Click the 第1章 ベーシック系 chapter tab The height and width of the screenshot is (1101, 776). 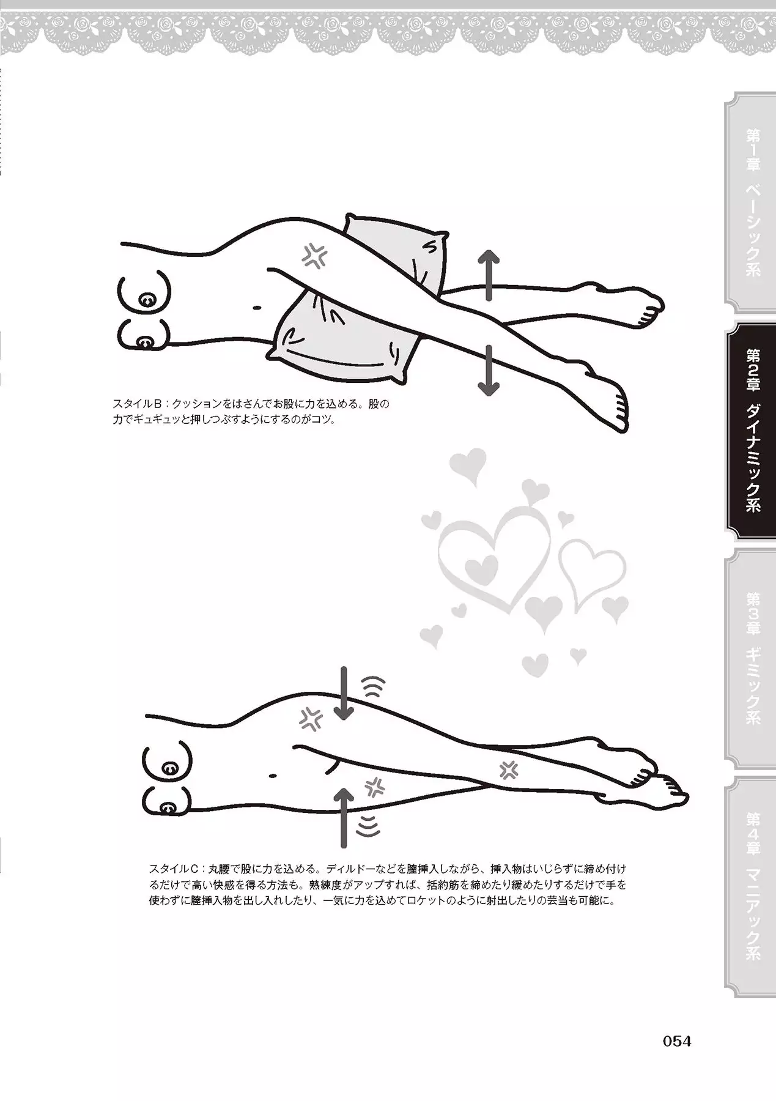751,202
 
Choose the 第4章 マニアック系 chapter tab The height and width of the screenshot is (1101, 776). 751,887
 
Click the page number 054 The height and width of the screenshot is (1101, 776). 677,1041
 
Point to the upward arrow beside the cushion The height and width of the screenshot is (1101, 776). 489,275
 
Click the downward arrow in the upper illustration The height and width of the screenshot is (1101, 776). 489,369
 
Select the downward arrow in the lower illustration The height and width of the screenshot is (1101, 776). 344,693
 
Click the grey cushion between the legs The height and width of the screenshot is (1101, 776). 361,300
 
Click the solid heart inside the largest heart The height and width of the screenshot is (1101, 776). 481,568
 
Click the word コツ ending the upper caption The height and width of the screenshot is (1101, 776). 319,421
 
